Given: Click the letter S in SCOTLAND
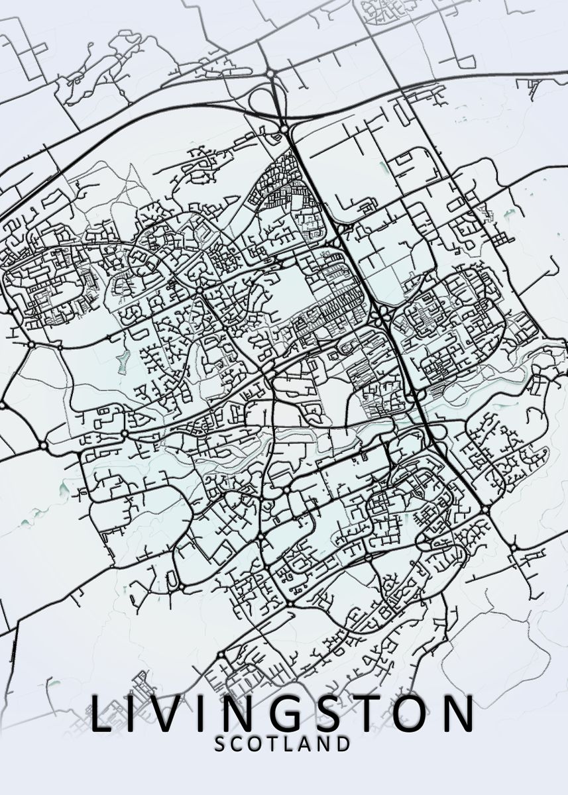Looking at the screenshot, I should point(221,744).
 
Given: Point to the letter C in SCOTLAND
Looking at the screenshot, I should point(239,744).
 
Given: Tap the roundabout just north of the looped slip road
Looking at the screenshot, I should point(271,74).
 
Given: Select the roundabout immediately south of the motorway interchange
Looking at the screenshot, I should point(284,128).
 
